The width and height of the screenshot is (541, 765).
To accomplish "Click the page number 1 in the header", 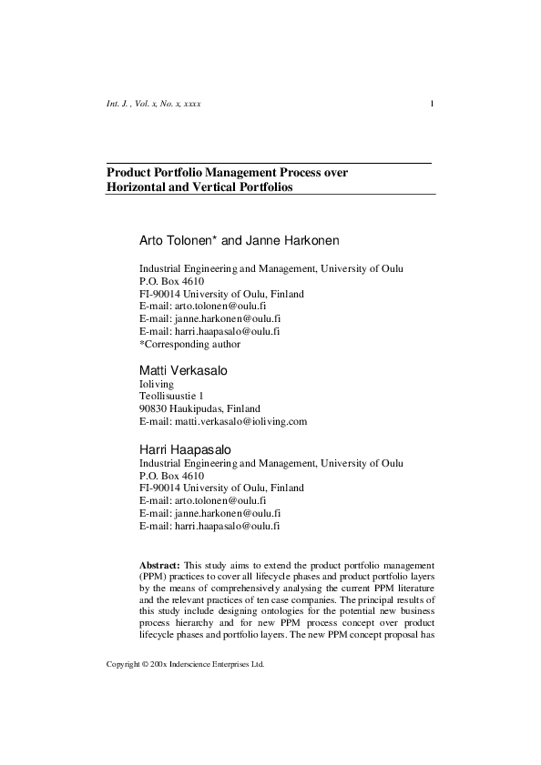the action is click(x=431, y=104).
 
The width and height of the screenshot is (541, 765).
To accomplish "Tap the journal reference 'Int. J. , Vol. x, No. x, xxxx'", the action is click(x=154, y=104).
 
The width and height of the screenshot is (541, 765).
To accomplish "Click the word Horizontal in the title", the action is click(x=138, y=186).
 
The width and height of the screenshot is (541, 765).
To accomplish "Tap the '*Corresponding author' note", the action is click(x=189, y=345).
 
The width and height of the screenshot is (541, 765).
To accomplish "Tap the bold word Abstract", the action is click(x=159, y=565).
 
